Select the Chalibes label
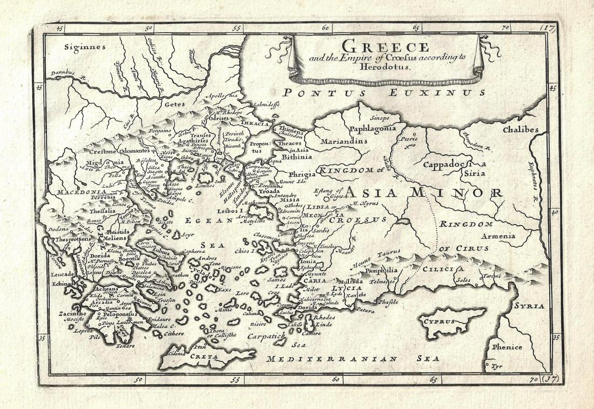(521, 130)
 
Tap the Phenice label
(507, 347)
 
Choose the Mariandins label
(343, 142)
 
